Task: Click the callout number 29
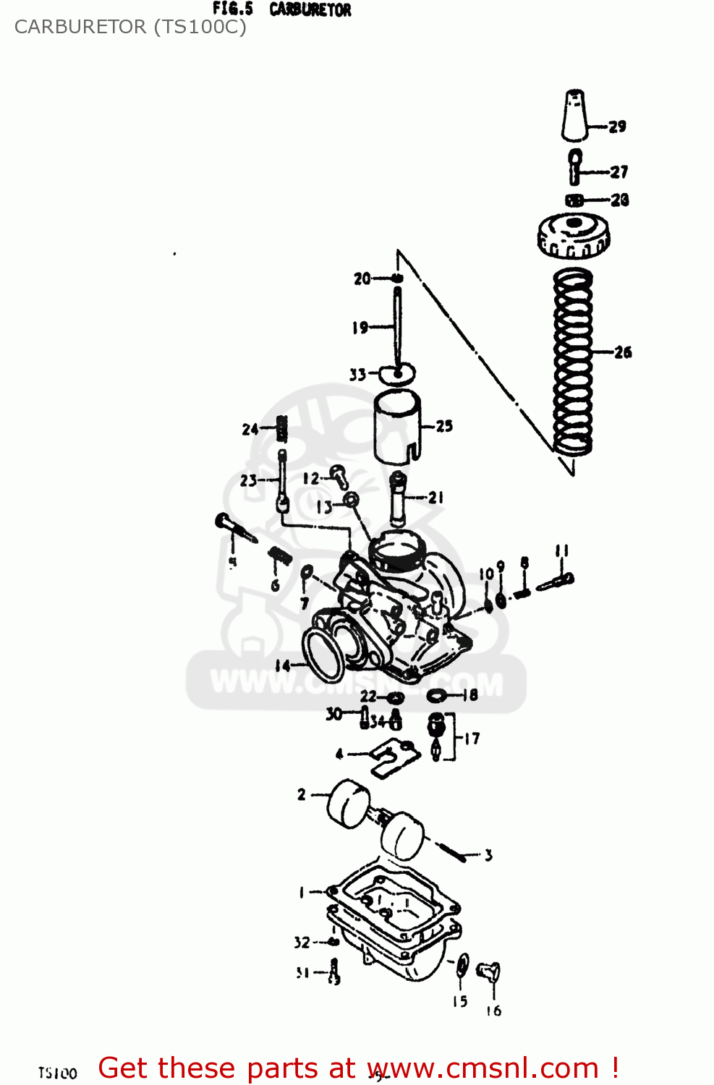point(617,127)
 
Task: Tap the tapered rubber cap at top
point(574,115)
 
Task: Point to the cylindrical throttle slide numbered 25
point(397,426)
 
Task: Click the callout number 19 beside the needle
point(360,328)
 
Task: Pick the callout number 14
point(282,665)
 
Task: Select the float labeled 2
point(349,803)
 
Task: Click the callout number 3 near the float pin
point(488,856)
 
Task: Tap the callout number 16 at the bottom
point(493,1010)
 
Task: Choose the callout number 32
point(302,943)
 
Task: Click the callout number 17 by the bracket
point(472,739)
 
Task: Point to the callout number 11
point(562,551)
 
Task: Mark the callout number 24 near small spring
point(250,430)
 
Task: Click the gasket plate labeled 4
point(395,757)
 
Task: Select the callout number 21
point(435,498)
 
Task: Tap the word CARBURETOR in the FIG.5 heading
point(310,9)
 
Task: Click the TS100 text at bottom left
point(58,1073)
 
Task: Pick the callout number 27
point(619,172)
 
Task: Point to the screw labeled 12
point(339,475)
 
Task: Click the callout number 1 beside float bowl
point(302,893)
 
